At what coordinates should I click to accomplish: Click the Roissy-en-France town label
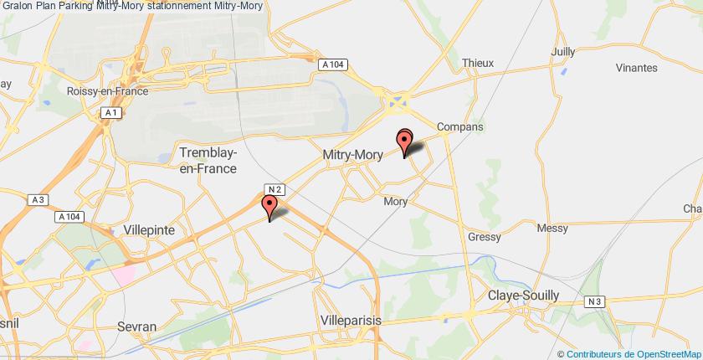[108, 92]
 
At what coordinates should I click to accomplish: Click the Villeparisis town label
[351, 320]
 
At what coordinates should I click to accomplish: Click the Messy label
[552, 228]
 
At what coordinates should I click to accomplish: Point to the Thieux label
[479, 62]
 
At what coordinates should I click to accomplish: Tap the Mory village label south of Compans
[395, 201]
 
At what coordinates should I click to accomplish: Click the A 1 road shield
[110, 112]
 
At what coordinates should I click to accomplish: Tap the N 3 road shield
[593, 301]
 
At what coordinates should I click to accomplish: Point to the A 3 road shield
[36, 199]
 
